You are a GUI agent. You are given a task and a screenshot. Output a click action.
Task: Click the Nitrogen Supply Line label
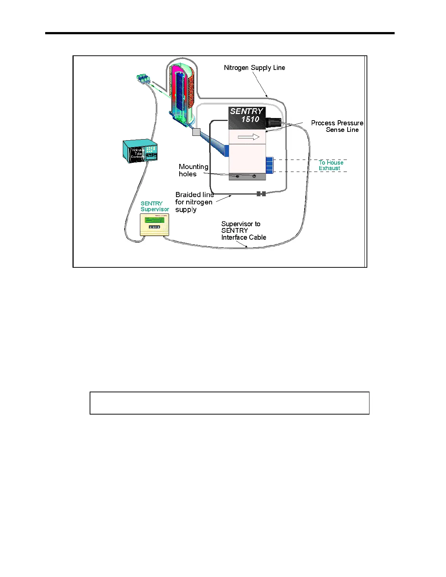pos(254,68)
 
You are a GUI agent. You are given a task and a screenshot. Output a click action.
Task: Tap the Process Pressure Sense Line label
pos(337,126)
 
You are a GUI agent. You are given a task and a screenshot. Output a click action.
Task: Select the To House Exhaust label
pos(331,165)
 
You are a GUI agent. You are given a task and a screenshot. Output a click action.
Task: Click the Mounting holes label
pos(193,170)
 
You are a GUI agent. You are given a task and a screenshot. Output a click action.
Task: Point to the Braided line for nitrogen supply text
pos(194,202)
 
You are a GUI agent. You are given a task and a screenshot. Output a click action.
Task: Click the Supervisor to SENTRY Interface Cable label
pos(243,231)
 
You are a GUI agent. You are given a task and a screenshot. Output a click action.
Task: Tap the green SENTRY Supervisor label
pos(155,207)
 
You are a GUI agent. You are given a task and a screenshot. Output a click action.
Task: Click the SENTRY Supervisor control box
pos(155,224)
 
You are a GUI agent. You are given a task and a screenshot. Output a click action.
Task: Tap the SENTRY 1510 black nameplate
pos(247,117)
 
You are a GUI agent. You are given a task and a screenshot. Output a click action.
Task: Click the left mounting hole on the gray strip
pos(238,176)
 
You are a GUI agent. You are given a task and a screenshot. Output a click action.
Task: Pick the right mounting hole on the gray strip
pos(254,176)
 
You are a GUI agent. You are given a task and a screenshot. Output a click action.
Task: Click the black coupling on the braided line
pos(261,194)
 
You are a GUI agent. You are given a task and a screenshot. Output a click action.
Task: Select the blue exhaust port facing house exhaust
pos(270,165)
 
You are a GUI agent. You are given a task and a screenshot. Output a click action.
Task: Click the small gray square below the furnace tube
pos(196,132)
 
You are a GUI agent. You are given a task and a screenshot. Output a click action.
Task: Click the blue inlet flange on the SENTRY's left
pos(227,151)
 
